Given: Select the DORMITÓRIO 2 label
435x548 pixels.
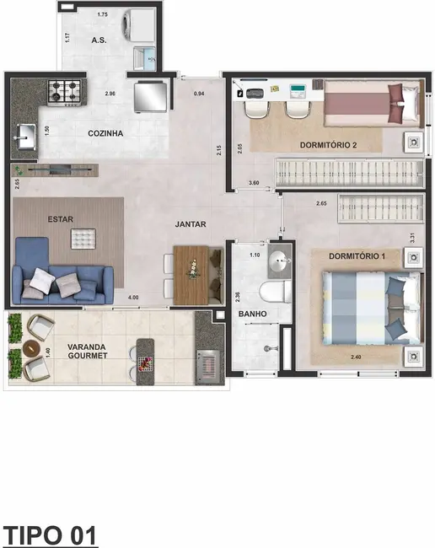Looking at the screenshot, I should click(x=328, y=145).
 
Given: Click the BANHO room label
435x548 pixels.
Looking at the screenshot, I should click(x=252, y=314).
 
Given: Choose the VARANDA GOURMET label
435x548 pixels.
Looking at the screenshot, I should click(x=83, y=350).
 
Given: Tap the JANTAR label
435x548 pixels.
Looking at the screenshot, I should click(x=191, y=224).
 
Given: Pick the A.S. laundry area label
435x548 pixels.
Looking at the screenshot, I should click(x=102, y=41).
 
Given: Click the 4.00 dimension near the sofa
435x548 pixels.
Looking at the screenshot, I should click(x=132, y=298).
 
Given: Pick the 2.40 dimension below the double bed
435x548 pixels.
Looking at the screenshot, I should click(x=357, y=357).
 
